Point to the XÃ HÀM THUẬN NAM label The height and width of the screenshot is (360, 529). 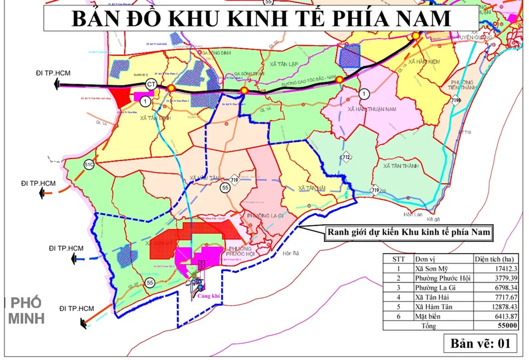tap(372, 109)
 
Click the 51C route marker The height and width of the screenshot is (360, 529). tap(89, 165)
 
